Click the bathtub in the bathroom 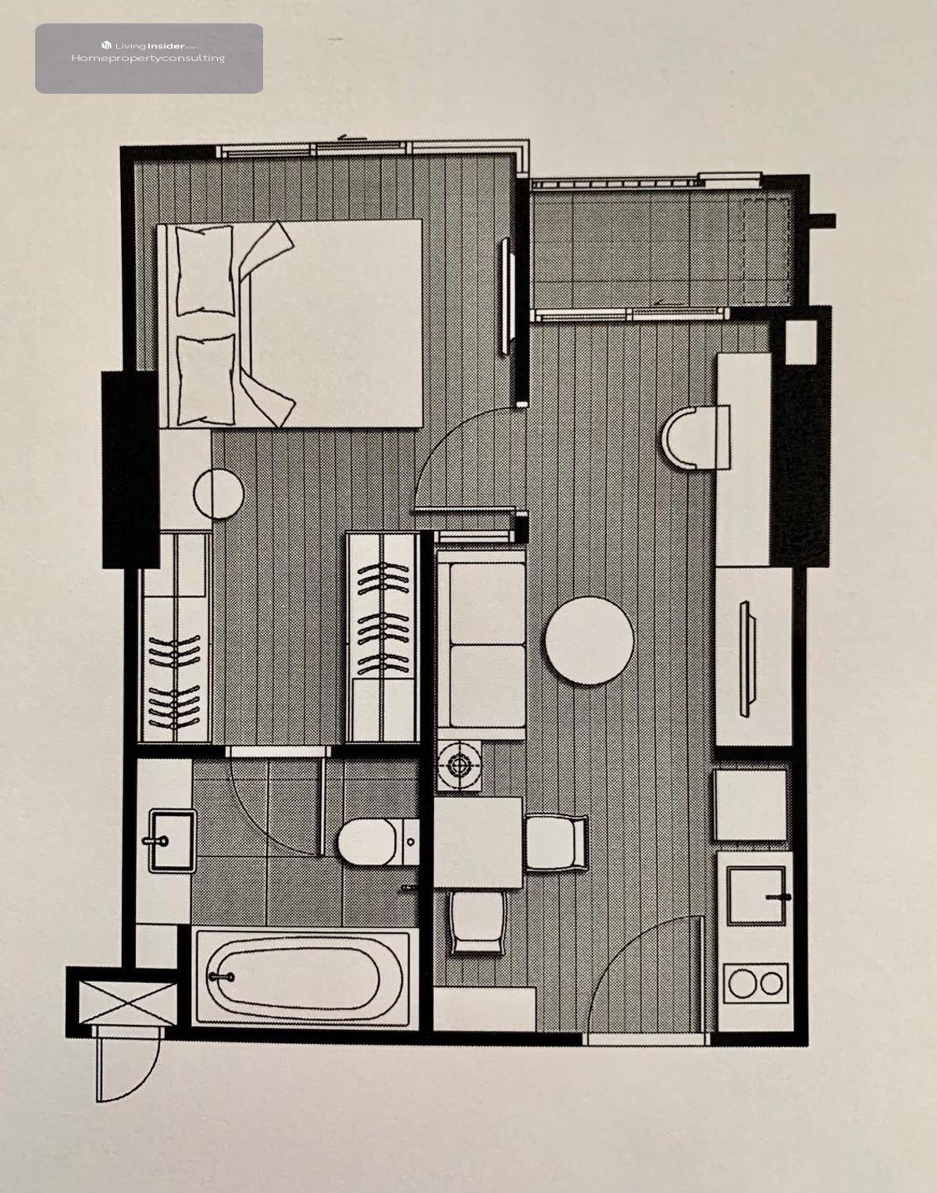303,977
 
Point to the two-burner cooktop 756,984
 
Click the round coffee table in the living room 589,640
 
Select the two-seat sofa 481,645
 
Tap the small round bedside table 219,493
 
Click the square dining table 478,842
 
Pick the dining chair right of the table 556,842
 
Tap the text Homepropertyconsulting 148,59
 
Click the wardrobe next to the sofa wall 382,637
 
